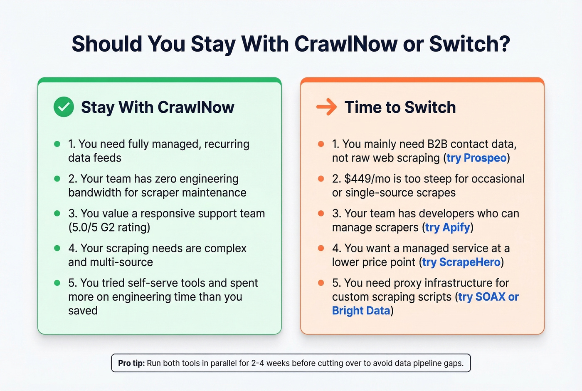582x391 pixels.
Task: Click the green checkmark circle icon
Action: pos(64,107)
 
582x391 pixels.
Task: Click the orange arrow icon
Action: pos(326,107)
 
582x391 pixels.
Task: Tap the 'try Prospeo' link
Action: pos(476,158)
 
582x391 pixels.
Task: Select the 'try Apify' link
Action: pos(448,228)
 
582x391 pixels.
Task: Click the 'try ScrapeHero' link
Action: pos(461,262)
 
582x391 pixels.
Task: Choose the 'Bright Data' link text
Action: pos(361,311)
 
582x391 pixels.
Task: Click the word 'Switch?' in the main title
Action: pos(469,44)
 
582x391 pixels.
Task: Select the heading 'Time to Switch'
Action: pos(400,107)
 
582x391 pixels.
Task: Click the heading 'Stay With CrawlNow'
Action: pos(158,107)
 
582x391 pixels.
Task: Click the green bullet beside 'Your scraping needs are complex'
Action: pos(57,248)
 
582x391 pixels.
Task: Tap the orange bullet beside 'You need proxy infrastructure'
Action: pos(321,283)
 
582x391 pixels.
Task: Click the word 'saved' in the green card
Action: pos(83,311)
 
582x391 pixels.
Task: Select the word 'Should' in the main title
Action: pos(106,44)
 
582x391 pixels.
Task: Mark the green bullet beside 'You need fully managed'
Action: pos(57,144)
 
